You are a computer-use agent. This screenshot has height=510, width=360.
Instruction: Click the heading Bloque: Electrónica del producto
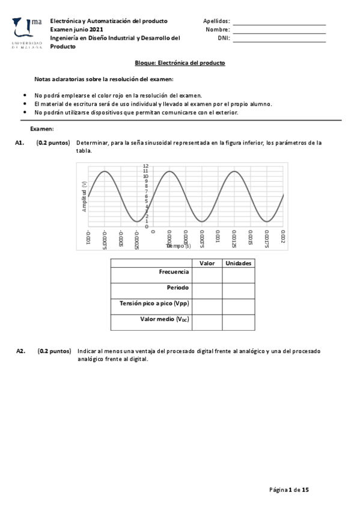click(x=180, y=63)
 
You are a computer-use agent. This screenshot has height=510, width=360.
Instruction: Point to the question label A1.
click(x=19, y=143)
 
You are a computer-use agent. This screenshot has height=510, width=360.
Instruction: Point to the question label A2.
click(x=20, y=351)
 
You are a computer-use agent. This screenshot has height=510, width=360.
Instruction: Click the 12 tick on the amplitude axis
click(x=145, y=166)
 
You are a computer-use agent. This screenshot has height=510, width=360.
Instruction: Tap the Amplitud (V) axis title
click(x=85, y=196)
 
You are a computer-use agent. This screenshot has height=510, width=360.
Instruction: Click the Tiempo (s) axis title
click(x=178, y=246)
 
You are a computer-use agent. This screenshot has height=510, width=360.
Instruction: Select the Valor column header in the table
click(x=207, y=263)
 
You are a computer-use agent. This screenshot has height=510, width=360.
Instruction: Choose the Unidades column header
click(x=239, y=263)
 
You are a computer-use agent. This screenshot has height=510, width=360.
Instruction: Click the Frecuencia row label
click(x=174, y=272)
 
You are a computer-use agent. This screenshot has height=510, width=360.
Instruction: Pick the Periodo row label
click(x=178, y=287)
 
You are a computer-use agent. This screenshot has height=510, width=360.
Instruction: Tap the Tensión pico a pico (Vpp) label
click(x=155, y=304)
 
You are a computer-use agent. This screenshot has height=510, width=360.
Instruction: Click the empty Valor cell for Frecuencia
click(x=207, y=275)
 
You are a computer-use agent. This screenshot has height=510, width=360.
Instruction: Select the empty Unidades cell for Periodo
click(x=239, y=290)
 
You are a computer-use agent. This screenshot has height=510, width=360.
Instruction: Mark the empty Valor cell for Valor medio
click(x=207, y=322)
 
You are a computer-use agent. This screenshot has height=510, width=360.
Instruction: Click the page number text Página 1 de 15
click(x=288, y=490)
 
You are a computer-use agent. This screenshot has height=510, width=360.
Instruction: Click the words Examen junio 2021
click(x=76, y=29)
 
